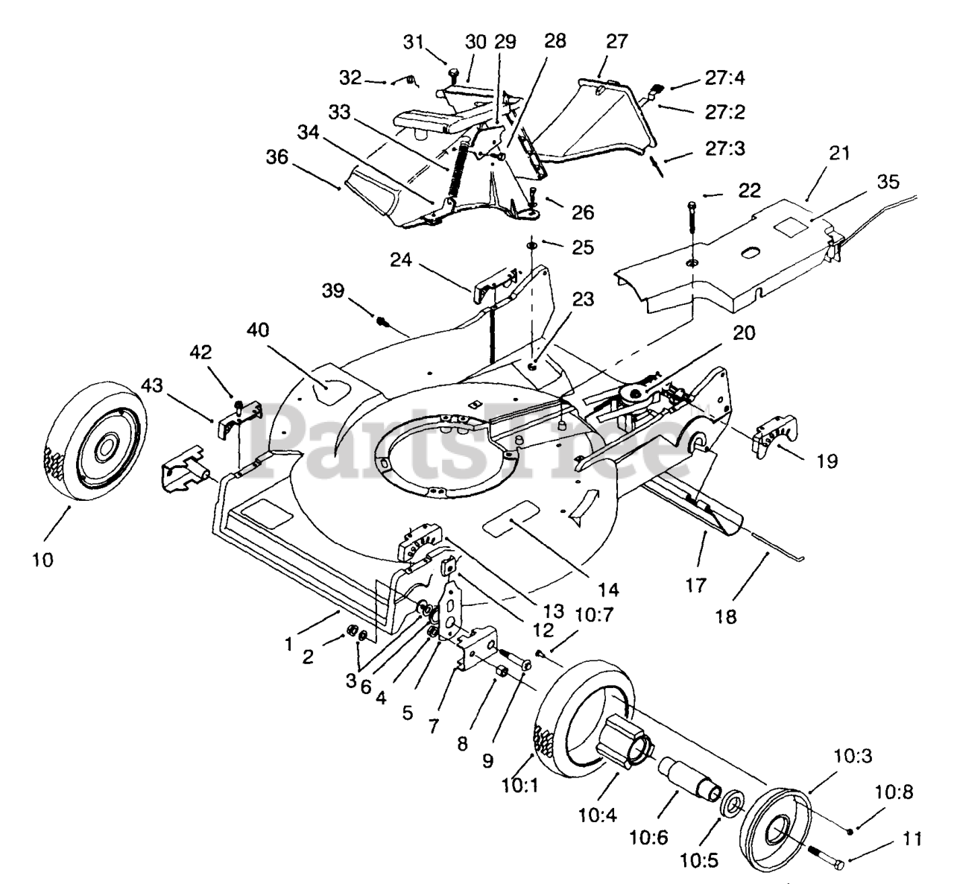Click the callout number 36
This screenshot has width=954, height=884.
tap(277, 157)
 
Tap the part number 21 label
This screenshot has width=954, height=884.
tap(839, 154)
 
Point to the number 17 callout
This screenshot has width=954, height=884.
tap(696, 584)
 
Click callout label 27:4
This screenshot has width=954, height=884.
tap(724, 78)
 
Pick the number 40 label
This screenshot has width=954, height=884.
tap(258, 330)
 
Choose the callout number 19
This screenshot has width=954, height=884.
tap(827, 461)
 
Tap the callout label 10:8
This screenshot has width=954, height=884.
tap(893, 792)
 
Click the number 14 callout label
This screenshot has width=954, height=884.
tap(608, 590)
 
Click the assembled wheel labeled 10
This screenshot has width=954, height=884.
tap(96, 441)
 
